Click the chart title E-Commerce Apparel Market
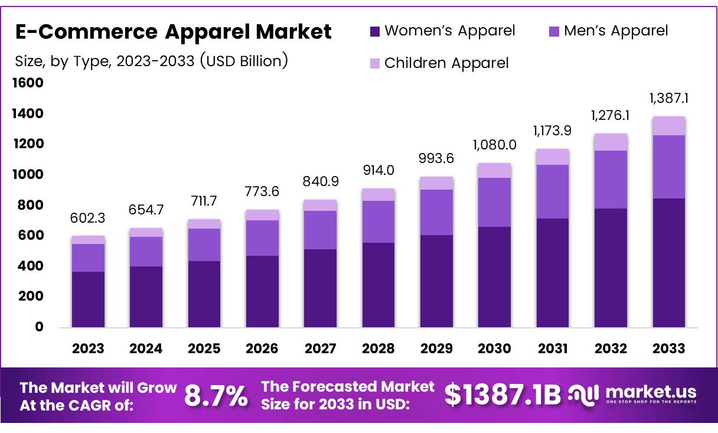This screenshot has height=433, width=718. (173, 31)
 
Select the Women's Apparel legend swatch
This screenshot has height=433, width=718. (375, 31)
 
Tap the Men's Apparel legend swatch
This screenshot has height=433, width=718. (553, 31)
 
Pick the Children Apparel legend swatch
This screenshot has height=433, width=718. (375, 63)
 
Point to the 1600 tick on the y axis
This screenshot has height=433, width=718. (28, 83)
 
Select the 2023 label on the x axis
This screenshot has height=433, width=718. (88, 349)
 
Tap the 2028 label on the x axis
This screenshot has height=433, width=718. (378, 349)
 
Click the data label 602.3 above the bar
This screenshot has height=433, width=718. (88, 219)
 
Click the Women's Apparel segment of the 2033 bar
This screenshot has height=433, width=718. (668, 263)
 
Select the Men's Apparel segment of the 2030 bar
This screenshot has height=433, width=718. (494, 202)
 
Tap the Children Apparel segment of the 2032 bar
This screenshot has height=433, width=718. (611, 142)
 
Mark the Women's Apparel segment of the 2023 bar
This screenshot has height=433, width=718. (88, 299)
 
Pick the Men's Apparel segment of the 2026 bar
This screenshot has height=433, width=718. (262, 238)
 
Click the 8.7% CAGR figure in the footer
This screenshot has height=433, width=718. (216, 396)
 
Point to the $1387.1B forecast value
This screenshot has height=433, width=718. (502, 395)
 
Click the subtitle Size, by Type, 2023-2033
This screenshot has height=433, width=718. (151, 61)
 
